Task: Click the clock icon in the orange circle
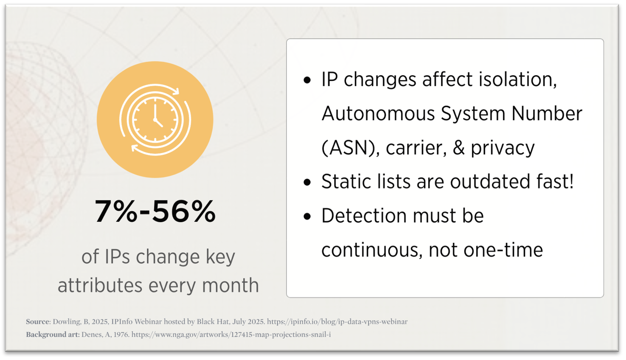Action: (155, 119)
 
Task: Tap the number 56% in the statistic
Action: (184, 211)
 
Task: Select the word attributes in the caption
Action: (100, 285)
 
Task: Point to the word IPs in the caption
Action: (117, 257)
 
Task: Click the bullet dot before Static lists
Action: (307, 182)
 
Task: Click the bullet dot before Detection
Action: (307, 216)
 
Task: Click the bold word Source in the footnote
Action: (37, 322)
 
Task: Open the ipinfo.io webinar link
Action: (337, 322)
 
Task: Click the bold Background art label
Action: (52, 335)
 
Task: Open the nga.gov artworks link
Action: (231, 335)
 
